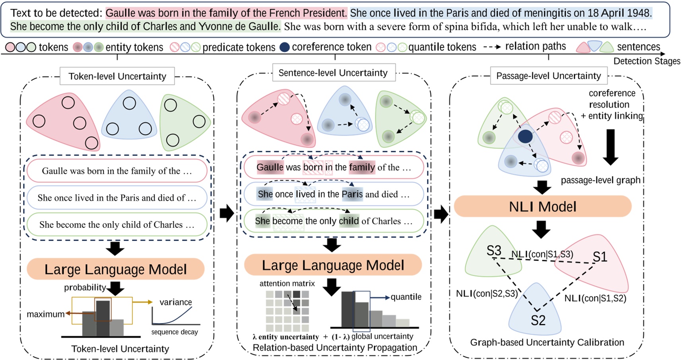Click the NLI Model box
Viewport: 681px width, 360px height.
pos(542,206)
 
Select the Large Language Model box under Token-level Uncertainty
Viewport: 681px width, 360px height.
pos(115,269)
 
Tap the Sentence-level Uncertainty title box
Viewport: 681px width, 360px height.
pos(333,73)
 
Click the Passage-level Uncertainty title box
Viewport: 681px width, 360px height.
pos(548,76)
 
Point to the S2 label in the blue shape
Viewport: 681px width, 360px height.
pos(538,320)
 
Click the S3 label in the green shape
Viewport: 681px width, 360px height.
pos(494,251)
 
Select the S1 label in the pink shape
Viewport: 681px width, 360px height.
pos(600,257)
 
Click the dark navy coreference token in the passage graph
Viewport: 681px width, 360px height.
pos(525,136)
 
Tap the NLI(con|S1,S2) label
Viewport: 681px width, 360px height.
pos(595,298)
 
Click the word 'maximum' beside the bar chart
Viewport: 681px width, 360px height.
pos(45,314)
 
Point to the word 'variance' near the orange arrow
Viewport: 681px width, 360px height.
pos(175,302)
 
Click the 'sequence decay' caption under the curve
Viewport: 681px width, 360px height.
pos(174,332)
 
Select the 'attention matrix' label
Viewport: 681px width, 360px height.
pos(287,283)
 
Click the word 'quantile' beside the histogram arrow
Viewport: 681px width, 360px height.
pos(406,297)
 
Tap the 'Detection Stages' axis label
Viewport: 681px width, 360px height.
pos(646,61)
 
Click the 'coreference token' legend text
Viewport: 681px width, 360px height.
pos(332,47)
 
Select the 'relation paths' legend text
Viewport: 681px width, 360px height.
pos(535,47)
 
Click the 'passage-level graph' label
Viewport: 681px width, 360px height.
pos(600,180)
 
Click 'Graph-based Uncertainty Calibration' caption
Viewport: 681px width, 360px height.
pos(547,342)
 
